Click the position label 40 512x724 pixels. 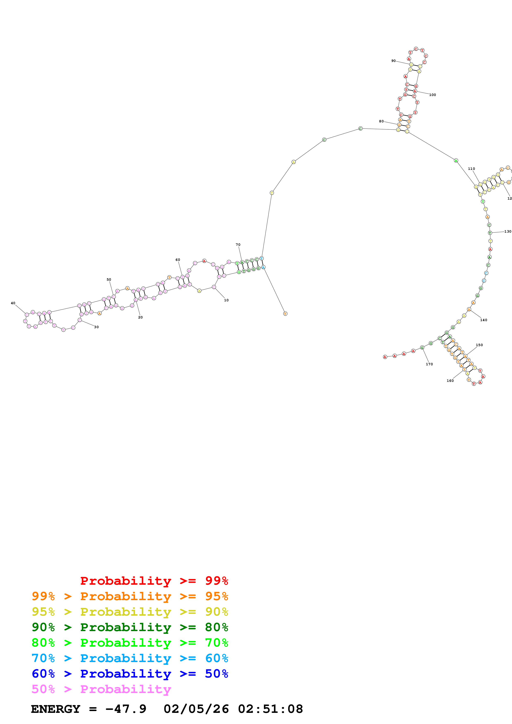(13, 303)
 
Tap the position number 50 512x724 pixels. (109, 279)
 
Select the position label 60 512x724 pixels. (178, 260)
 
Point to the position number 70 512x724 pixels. (238, 245)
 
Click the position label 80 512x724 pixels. (381, 121)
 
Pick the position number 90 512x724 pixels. (393, 61)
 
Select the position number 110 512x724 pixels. (471, 169)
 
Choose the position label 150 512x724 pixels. (479, 345)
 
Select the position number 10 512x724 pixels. (226, 300)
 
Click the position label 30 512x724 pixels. (96, 327)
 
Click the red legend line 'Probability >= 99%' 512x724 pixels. (154, 581)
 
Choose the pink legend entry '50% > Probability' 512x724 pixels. (101, 689)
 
